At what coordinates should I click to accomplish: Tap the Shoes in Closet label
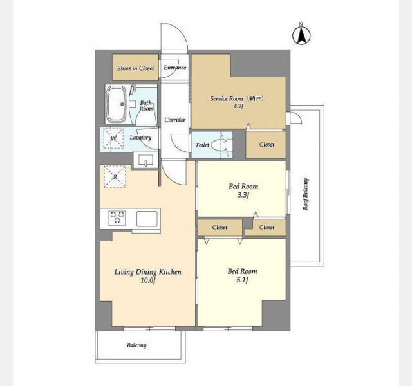click(x=136, y=68)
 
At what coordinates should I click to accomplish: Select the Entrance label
click(x=175, y=68)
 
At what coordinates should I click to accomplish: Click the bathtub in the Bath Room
click(x=116, y=104)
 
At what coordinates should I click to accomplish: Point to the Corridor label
click(x=175, y=120)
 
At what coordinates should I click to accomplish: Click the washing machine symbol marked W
click(x=113, y=138)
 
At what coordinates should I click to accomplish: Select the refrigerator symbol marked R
click(x=115, y=176)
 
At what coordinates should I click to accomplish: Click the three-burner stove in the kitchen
click(x=117, y=217)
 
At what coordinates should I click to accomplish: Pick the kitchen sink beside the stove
click(x=147, y=219)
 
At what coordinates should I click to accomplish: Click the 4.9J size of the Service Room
click(x=239, y=106)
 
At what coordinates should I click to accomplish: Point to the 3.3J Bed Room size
click(x=243, y=195)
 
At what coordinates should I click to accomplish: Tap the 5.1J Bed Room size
click(x=242, y=280)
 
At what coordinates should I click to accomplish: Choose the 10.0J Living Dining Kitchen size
click(x=148, y=280)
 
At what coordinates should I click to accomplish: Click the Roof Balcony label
click(x=306, y=194)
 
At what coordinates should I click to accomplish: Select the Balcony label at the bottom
click(x=136, y=345)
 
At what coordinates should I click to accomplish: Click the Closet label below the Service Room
click(x=267, y=145)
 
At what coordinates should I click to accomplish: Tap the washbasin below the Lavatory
click(x=146, y=160)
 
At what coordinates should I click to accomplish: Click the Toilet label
click(x=202, y=145)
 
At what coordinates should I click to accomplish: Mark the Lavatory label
click(x=140, y=138)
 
